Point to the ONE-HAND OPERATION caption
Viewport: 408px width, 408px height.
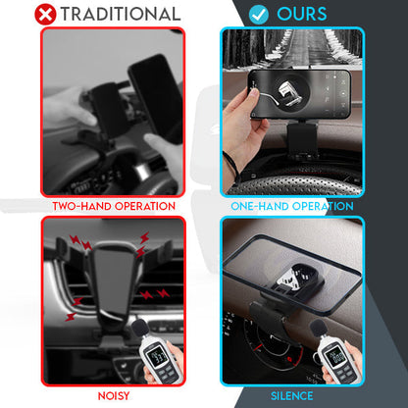click(291, 206)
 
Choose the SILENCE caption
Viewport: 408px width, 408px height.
click(291, 395)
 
